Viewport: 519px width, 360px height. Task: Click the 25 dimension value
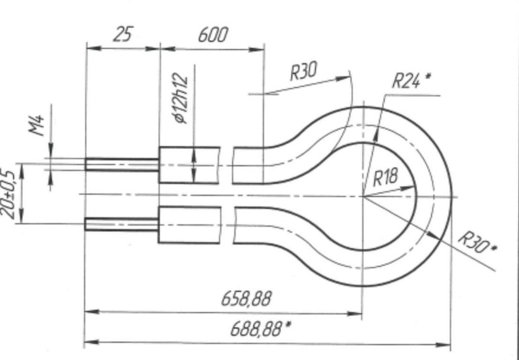[123, 34]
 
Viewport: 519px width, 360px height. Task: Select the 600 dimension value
[213, 35]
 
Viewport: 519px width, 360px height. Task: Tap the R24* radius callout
[411, 80]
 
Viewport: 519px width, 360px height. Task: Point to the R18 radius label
[386, 177]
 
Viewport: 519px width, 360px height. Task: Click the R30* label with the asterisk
[477, 242]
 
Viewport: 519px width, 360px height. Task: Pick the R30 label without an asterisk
[304, 71]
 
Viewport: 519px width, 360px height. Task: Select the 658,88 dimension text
[246, 299]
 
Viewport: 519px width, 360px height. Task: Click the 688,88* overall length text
[261, 329]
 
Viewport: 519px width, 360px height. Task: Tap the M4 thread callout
[36, 125]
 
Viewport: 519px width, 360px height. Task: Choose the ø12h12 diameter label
[180, 98]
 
